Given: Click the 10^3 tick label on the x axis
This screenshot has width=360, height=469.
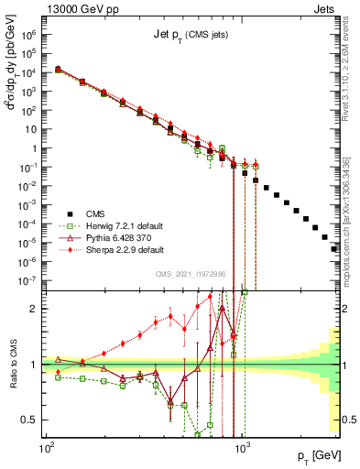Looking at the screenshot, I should tap(243, 451).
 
